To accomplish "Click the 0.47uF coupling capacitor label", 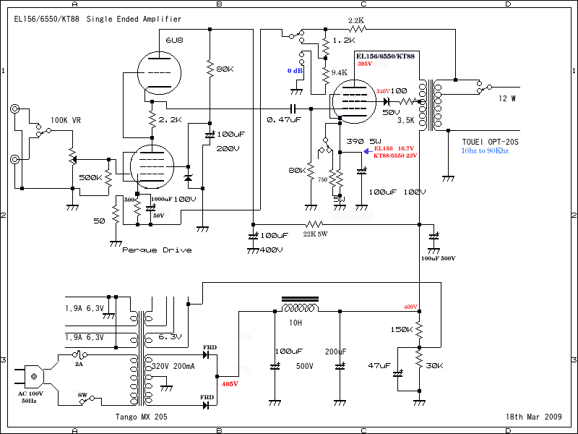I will point(284,119).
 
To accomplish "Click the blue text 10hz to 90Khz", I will point(486,151).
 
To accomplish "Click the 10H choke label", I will point(295,323).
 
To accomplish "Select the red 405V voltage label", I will point(230,384).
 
